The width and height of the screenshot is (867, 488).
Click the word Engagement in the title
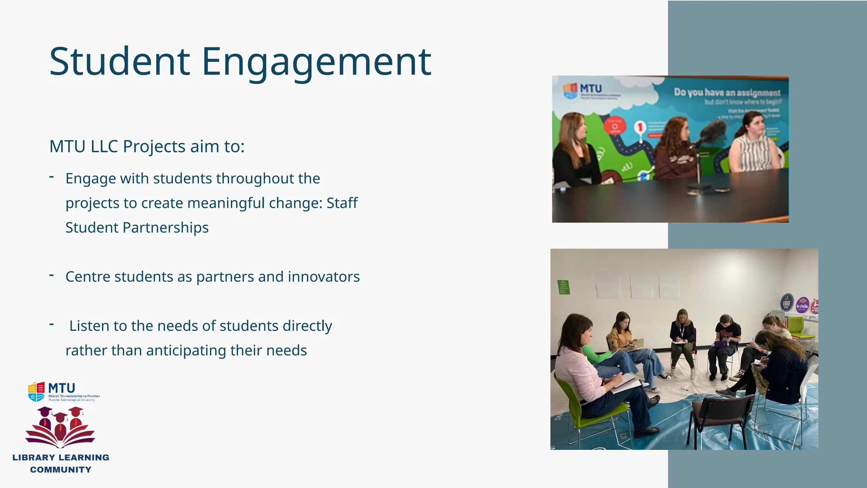click(x=316, y=62)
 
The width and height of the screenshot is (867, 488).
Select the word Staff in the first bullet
click(x=342, y=203)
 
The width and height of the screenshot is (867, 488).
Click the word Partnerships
click(x=166, y=227)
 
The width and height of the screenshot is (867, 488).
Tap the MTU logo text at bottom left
click(x=62, y=388)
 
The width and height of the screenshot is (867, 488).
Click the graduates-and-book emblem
click(x=60, y=427)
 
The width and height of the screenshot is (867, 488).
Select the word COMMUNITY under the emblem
click(x=61, y=469)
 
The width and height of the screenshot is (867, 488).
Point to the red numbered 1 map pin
click(x=641, y=128)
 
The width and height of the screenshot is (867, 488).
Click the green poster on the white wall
click(x=563, y=287)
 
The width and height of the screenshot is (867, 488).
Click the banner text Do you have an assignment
click(x=727, y=92)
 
